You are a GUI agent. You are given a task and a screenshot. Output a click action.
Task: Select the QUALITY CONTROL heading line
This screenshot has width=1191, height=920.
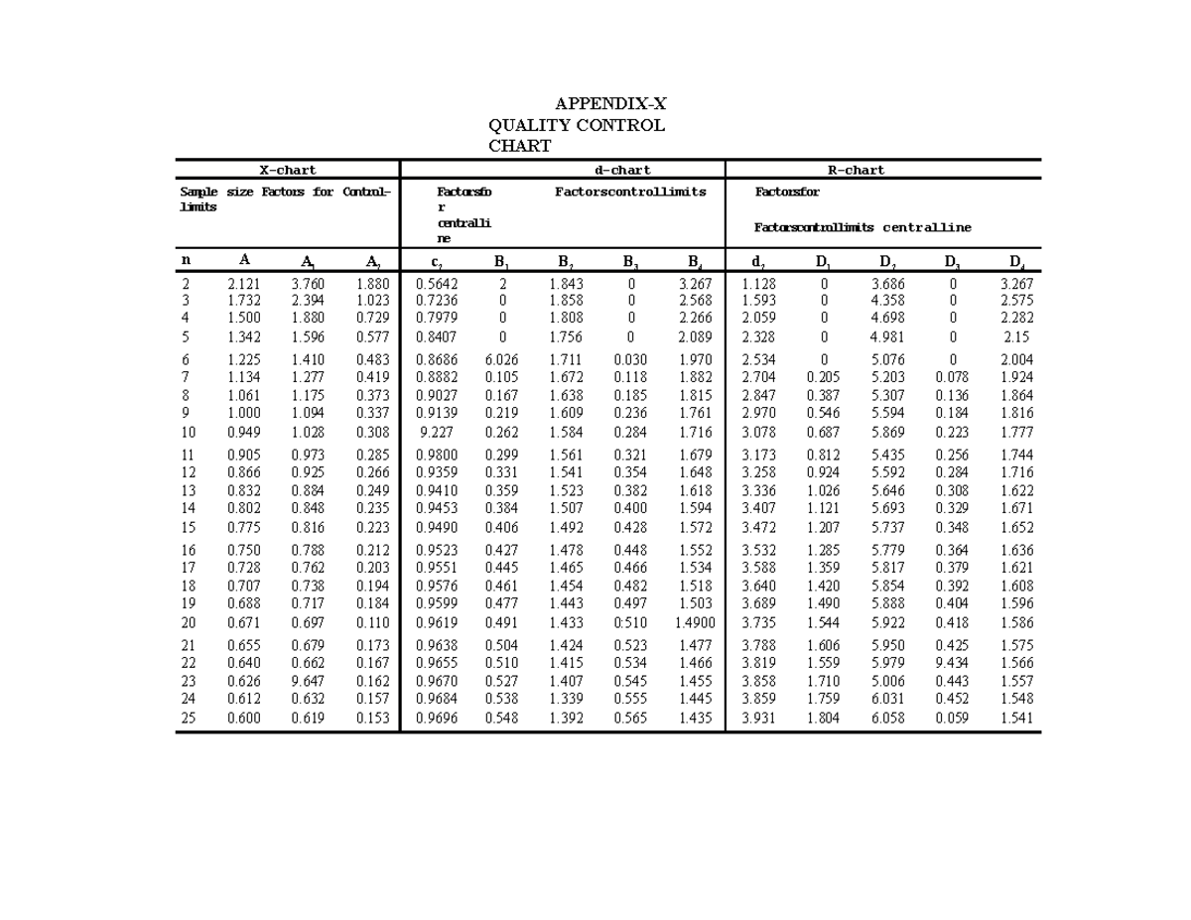coord(577,125)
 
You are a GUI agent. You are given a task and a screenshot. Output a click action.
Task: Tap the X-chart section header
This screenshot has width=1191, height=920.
coord(288,170)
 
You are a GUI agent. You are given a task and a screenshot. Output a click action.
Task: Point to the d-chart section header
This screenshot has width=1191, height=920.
coord(622,170)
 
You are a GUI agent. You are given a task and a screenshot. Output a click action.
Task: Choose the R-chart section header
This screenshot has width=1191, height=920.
coord(856,170)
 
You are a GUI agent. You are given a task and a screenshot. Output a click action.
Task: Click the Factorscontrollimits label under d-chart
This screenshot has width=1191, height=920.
coord(630,192)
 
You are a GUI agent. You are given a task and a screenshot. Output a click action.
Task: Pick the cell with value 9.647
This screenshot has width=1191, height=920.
coord(308,682)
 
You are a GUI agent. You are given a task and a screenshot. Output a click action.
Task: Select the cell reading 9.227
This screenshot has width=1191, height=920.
coord(438,432)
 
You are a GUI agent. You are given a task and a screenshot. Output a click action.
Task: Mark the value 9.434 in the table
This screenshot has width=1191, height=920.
coord(952,663)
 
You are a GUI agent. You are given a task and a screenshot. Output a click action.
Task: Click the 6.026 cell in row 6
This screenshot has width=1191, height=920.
coord(501,359)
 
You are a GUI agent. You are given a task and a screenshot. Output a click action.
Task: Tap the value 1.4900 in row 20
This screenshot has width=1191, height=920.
coord(695,622)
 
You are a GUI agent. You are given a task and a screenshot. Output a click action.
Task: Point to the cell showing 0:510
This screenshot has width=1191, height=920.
coord(630,622)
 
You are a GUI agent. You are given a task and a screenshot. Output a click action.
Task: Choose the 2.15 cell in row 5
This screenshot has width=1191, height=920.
coord(1016,336)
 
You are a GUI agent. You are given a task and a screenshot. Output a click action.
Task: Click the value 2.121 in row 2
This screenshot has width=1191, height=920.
coord(244,284)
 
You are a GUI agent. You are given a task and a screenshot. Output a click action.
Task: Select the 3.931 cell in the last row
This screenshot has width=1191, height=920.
coord(758,718)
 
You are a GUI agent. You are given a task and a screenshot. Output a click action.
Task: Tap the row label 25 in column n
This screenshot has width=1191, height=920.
coord(188,718)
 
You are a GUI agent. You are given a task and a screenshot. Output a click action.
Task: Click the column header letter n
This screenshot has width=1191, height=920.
coord(186,260)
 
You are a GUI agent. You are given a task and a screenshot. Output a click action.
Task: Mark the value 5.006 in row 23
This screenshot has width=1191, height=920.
coord(887,682)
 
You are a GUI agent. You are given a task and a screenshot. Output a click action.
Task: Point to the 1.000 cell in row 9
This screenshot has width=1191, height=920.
coord(244,413)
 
